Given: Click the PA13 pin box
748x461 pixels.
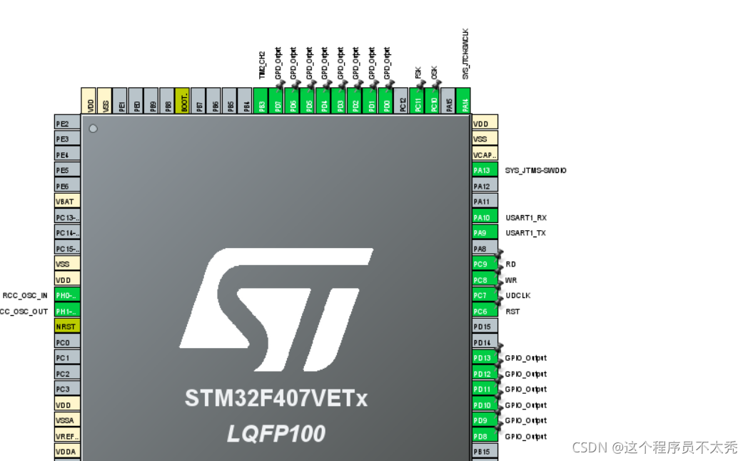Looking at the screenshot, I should click(485, 170).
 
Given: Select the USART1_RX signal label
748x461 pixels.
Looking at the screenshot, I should click(527, 217).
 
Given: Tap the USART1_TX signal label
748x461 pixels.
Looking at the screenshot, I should click(527, 233).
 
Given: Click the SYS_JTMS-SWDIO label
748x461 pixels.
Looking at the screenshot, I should click(536, 170).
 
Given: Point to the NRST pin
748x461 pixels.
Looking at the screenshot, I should click(67, 327).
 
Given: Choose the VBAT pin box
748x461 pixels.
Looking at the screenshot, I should click(67, 202).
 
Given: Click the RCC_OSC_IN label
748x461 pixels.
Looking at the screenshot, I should click(25, 295).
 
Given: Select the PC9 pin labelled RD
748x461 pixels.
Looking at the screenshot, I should click(485, 264).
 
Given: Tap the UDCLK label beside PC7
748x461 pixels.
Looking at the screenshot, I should click(517, 295).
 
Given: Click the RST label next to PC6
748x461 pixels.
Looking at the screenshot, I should click(512, 311).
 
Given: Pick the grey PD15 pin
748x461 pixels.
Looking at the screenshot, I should click(485, 327).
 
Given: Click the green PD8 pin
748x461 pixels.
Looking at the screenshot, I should click(485, 436).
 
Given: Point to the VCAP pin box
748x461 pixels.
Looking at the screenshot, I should click(485, 154).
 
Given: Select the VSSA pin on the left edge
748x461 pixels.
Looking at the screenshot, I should click(67, 420).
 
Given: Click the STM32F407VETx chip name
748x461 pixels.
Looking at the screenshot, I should click(276, 398).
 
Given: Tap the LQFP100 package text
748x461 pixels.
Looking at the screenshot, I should click(276, 433).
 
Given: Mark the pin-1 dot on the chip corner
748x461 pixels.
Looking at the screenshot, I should click(93, 129).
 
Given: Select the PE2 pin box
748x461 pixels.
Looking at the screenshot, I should click(67, 124).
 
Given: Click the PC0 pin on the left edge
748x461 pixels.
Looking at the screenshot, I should click(67, 342).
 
